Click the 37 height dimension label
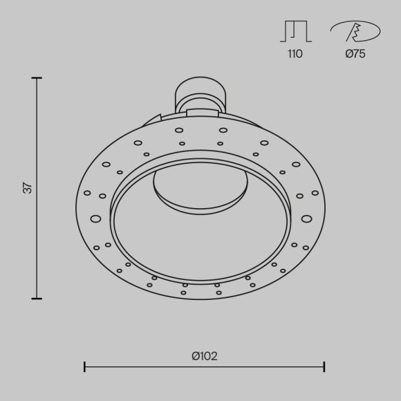coord(28,188)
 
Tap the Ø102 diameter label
coord(205,356)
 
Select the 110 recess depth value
coord(295,54)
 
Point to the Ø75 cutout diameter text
coord(355,54)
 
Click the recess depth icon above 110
coord(296,31)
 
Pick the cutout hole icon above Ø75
coord(355,31)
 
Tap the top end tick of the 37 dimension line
coord(37,77)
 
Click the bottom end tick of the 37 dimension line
coord(37,299)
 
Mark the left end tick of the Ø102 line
coord(84,366)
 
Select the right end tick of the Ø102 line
coord(324,366)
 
